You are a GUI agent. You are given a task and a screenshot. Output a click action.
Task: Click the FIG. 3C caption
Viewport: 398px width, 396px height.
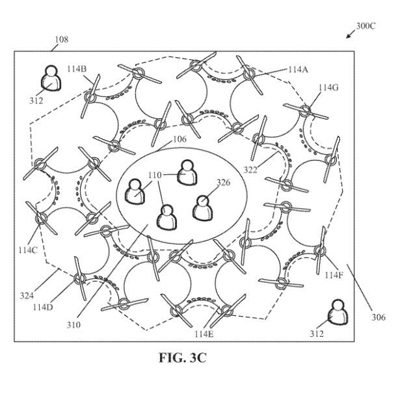(183, 358)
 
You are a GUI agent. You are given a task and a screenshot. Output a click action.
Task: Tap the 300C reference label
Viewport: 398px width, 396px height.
(365, 26)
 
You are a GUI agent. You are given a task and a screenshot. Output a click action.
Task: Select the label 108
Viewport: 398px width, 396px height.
(62, 40)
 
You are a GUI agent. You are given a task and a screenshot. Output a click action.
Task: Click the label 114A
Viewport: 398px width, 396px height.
(298, 70)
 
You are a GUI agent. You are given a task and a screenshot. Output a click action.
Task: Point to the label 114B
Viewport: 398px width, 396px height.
(77, 69)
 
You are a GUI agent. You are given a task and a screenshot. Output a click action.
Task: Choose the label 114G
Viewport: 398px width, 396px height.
(328, 88)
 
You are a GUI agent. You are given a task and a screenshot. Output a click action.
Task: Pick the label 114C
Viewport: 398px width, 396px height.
(28, 250)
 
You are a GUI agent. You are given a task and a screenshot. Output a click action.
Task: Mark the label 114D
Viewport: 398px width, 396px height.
(43, 307)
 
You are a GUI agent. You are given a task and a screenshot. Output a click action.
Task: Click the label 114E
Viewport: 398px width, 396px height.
(204, 334)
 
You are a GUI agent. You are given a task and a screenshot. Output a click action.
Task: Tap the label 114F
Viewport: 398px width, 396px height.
(334, 275)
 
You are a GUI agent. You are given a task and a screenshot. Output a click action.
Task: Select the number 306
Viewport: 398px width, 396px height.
(378, 317)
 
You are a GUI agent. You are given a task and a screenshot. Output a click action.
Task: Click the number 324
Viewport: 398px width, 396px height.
(27, 295)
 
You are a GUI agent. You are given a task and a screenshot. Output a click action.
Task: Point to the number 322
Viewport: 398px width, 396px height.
(250, 170)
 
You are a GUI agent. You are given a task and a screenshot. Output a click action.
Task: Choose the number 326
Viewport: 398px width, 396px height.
(223, 182)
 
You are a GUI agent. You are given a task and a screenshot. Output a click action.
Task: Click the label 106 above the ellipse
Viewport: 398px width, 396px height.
(179, 139)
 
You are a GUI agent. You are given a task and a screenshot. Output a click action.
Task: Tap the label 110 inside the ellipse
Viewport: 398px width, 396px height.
(155, 175)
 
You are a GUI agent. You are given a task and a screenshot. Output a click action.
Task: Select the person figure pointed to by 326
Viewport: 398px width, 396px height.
(202, 208)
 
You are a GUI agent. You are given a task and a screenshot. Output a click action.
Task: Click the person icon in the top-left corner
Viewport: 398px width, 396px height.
(51, 78)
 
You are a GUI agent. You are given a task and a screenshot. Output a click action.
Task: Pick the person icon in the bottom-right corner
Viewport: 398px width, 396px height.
(338, 312)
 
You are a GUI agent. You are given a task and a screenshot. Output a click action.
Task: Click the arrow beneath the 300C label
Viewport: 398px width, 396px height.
(351, 34)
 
